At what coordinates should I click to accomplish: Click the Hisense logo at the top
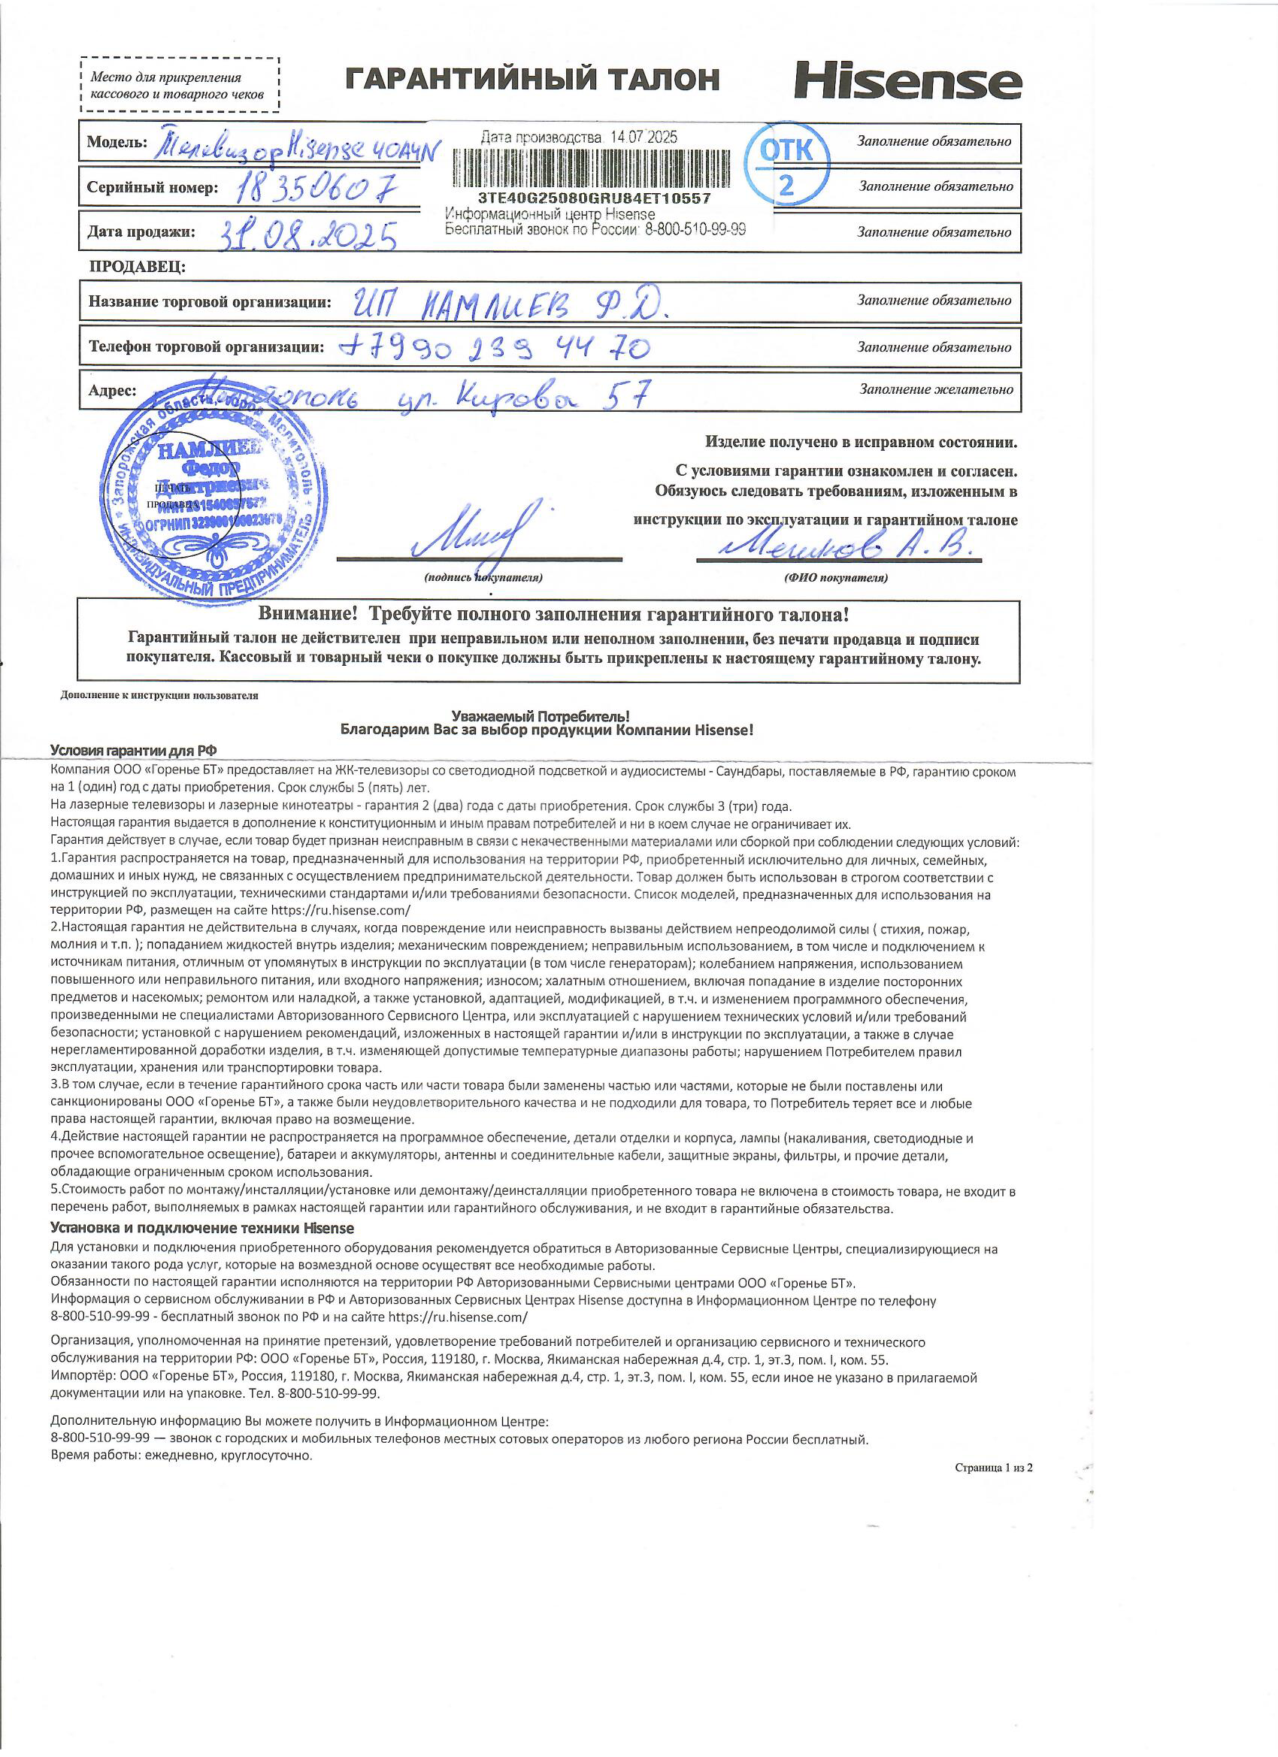(907, 80)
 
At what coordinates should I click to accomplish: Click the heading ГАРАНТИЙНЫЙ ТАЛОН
(532, 80)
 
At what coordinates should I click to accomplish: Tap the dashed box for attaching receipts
(180, 85)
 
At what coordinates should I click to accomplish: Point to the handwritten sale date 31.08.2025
(308, 233)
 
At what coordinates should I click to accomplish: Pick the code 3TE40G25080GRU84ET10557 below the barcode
(595, 198)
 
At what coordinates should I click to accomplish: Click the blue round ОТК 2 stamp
(786, 165)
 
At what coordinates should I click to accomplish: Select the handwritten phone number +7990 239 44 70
(495, 349)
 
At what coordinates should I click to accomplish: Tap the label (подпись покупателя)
(483, 578)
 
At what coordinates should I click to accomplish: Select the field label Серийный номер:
(153, 188)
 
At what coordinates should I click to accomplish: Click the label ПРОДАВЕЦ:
(137, 268)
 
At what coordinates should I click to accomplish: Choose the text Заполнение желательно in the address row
(936, 390)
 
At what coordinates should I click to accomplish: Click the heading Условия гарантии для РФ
(133, 750)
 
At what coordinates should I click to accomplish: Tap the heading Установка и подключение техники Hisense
(202, 1228)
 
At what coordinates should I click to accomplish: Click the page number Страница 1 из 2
(994, 1467)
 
